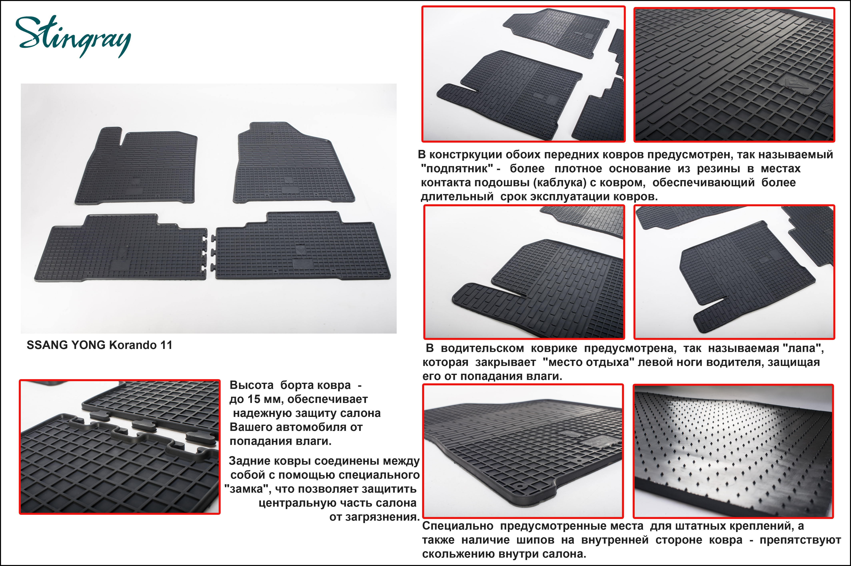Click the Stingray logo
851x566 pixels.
[73, 36]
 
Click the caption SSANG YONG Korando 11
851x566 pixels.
[99, 345]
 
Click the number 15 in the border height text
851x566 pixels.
[254, 399]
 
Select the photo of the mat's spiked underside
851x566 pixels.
[733, 451]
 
